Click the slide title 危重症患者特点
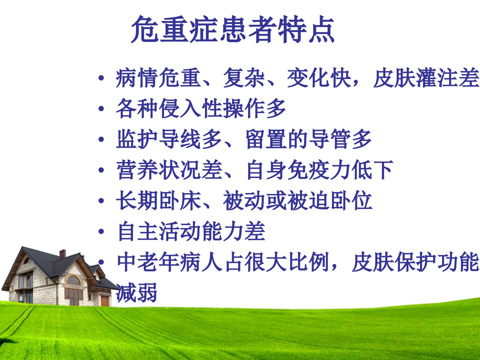pyautogui.click(x=233, y=29)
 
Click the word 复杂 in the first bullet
pyautogui.click(x=244, y=78)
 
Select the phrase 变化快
pyautogui.click(x=319, y=78)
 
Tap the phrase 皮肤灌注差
pyautogui.click(x=426, y=78)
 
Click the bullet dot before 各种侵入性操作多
pyautogui.click(x=101, y=108)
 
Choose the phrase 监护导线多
pyautogui.click(x=169, y=139)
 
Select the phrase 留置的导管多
pyautogui.click(x=308, y=139)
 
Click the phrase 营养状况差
pyautogui.click(x=169, y=169)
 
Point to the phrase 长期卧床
pyautogui.click(x=158, y=200)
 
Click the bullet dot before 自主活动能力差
pyautogui.click(x=101, y=231)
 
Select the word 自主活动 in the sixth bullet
pyautogui.click(x=159, y=231)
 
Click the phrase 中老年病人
pyautogui.click(x=169, y=262)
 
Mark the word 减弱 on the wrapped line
pyautogui.click(x=136, y=292)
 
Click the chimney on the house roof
pyautogui.click(x=63, y=254)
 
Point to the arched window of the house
pyautogui.click(x=74, y=280)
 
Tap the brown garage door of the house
pyautogui.click(x=105, y=301)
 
